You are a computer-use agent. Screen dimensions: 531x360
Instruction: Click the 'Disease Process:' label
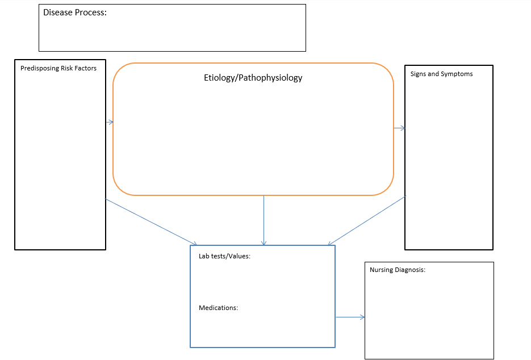[75, 12]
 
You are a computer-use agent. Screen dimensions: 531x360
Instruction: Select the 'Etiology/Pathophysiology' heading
[253, 78]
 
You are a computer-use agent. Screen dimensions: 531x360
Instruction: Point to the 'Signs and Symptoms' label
[442, 74]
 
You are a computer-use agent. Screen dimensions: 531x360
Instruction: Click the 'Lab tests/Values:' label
[224, 256]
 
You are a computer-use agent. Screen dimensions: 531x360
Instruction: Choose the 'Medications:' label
[219, 308]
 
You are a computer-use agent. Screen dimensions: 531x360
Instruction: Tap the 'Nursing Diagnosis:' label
[398, 270]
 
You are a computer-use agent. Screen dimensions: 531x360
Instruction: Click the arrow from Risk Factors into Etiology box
[110, 122]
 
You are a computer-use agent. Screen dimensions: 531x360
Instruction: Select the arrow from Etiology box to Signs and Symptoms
[399, 128]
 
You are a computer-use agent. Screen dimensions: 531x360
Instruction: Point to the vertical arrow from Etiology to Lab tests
[264, 220]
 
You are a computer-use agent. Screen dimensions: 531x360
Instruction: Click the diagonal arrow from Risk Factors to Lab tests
[151, 222]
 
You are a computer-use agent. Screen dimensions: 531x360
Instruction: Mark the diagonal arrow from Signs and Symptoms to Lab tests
[367, 220]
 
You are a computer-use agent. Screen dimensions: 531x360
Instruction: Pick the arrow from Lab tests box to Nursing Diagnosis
[350, 317]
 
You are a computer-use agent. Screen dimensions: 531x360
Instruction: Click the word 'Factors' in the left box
[85, 68]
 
